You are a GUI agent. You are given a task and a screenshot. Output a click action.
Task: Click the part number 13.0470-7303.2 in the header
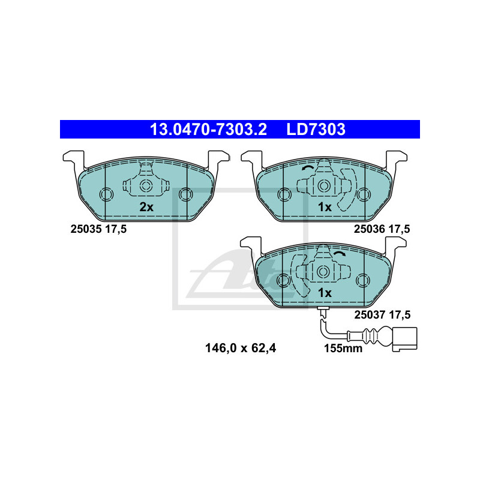coord(208,130)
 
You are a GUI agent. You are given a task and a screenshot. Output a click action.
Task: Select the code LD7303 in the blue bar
coord(316,130)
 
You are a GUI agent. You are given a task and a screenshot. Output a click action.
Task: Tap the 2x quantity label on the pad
coord(146,207)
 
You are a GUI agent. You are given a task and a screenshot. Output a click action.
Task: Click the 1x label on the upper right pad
coord(325,207)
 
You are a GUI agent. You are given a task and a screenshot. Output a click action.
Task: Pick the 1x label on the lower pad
coord(325,293)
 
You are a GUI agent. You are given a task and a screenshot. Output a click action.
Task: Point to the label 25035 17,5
coord(98,229)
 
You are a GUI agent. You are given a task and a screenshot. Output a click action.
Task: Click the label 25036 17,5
coord(382,229)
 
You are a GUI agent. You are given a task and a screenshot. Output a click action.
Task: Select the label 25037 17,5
coord(382,314)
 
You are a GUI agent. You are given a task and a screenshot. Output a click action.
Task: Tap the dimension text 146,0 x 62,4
coord(241,348)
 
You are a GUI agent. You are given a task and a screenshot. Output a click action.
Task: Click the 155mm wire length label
coord(343,349)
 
